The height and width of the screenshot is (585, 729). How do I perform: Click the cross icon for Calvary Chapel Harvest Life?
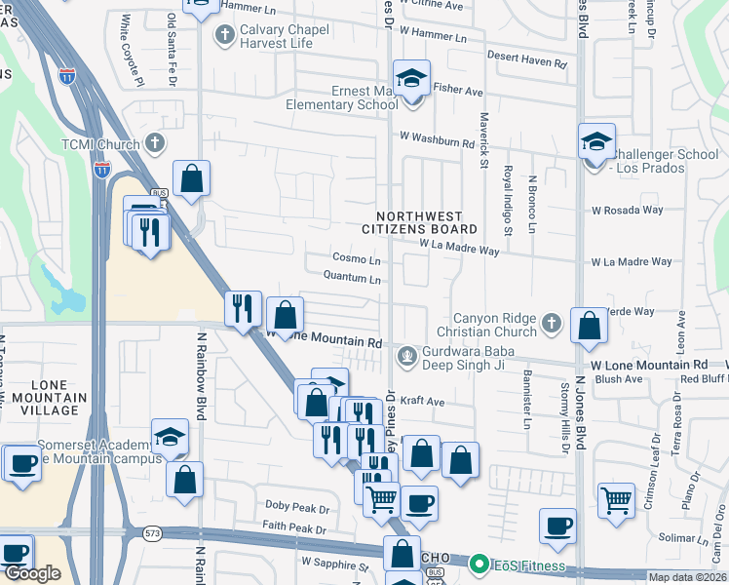pos(224,36)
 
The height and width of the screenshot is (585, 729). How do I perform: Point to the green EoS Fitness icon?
pos(479,563)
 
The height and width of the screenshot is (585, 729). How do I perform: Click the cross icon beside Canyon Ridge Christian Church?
pos(551,324)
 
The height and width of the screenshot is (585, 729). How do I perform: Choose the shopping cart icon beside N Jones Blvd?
pos(616,501)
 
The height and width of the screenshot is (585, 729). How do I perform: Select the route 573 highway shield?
pos(151,533)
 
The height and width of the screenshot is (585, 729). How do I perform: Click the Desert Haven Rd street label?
pos(527,61)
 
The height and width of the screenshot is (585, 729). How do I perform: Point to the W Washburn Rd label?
pos(434,140)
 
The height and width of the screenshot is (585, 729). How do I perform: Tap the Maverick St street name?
pos(482,136)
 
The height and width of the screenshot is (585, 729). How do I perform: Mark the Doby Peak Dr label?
pos(297,508)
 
